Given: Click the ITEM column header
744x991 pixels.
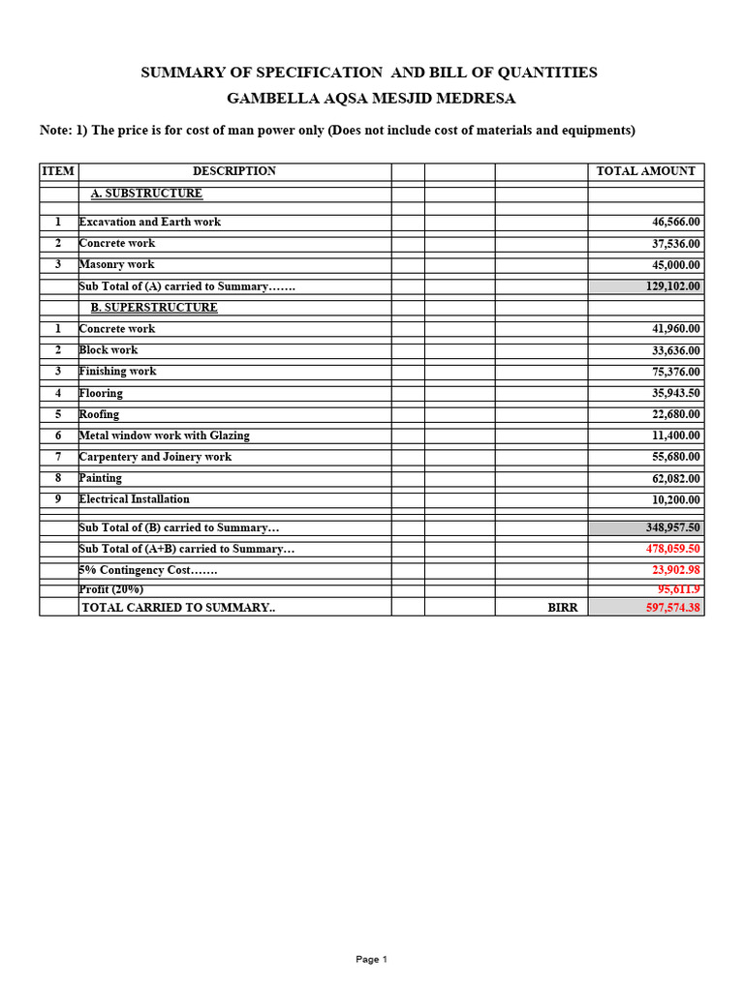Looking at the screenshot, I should tap(58, 171).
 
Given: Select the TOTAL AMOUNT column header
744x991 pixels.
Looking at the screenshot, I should tap(645, 171).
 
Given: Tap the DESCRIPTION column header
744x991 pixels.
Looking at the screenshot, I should tap(234, 171).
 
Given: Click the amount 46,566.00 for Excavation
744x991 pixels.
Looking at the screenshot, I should tap(676, 223).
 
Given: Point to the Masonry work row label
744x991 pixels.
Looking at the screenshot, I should tap(117, 265).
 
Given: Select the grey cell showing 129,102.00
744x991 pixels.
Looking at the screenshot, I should tap(646, 286).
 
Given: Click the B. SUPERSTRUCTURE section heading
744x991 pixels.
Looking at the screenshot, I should tap(154, 308).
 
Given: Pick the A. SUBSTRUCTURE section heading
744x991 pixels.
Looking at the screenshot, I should tap(146, 194).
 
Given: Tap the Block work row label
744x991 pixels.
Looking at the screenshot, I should tap(108, 350).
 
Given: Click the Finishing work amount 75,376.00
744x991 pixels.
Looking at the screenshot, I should tap(676, 372).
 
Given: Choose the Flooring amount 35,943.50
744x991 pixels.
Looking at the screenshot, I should tap(676, 394).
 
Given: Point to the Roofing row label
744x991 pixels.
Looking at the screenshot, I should tap(99, 415).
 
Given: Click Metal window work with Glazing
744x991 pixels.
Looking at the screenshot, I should tap(164, 436).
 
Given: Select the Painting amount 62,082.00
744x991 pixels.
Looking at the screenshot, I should tap(676, 479).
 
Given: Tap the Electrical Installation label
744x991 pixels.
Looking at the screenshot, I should tap(134, 500).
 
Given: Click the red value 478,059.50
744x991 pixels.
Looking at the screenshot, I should tap(673, 550).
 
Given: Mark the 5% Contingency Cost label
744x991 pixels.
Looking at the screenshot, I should tap(148, 571).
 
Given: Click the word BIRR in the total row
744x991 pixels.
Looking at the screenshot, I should tap(563, 608).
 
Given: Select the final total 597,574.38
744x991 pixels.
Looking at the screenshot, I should tap(673, 608).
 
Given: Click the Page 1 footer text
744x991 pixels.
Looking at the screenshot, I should tap(371, 960).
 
